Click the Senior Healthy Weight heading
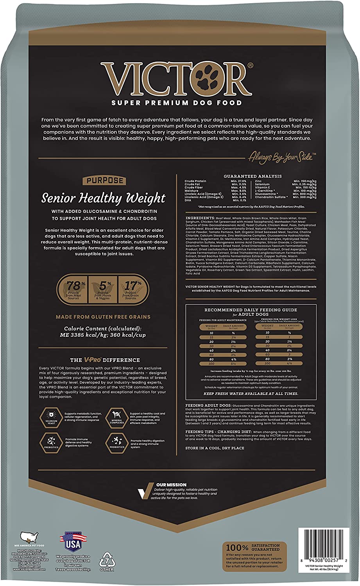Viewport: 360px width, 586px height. [x=104, y=198]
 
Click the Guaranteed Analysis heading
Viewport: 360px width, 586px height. [x=253, y=176]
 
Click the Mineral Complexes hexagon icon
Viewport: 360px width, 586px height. [x=116, y=416]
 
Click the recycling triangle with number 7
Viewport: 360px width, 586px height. [x=107, y=560]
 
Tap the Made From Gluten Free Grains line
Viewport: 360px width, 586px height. [x=103, y=317]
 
